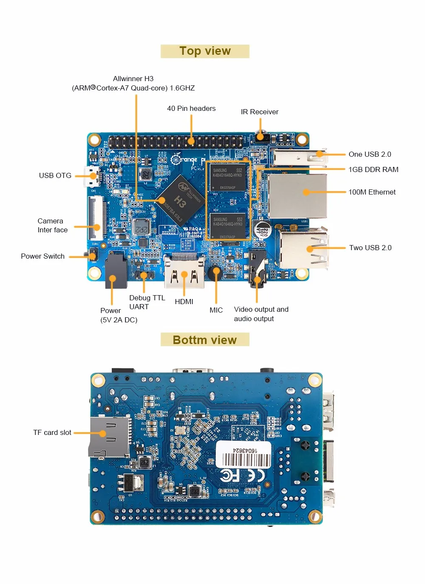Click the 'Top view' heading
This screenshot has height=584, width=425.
[205, 51]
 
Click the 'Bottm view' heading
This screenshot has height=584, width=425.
[204, 340]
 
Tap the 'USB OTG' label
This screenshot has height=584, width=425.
[55, 175]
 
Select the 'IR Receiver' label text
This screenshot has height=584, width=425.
[259, 112]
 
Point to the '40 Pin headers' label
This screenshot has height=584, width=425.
[191, 108]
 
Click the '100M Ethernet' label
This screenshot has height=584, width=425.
[372, 192]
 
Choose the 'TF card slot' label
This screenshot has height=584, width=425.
[52, 432]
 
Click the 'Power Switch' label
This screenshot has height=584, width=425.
[42, 256]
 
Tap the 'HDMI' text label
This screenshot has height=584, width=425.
[184, 302]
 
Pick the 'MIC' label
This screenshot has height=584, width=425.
[216, 310]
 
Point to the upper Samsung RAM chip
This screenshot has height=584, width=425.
[228, 177]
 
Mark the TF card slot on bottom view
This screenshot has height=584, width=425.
[110, 437]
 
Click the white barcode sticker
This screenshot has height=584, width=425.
[243, 455]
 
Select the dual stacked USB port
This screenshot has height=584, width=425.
[303, 249]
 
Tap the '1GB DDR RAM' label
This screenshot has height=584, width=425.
[373, 169]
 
